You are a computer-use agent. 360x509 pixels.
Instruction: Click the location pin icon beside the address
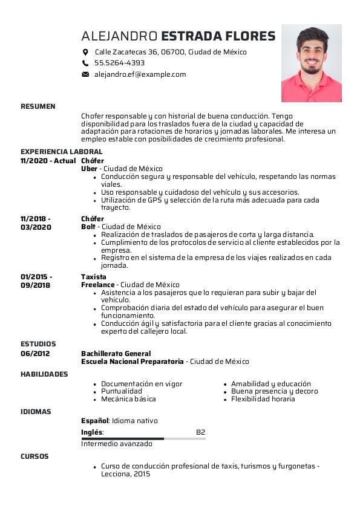pos(85,52)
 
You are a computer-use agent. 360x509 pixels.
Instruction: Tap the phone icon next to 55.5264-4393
pos(85,63)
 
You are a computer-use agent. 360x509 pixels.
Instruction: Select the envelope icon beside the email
pos(85,74)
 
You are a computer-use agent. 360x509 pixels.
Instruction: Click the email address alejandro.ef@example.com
pos(140,74)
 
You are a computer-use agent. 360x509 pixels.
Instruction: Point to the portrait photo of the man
pos(311,63)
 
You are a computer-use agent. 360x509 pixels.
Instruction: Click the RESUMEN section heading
pos(38,106)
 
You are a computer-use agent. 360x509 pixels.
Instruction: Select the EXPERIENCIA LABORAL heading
pos(61,152)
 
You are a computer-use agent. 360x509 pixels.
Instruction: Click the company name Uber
pos(89,169)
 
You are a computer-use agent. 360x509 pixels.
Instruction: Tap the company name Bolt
pos(88,227)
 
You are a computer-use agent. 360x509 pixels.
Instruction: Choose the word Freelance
pos(97,285)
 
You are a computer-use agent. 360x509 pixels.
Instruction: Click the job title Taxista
pos(93,277)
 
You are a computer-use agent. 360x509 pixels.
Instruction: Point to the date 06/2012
pos(35,354)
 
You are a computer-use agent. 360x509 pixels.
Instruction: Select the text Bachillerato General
pos(116,354)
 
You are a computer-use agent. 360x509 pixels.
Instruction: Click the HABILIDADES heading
pos(44,374)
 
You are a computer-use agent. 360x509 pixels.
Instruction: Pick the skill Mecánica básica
pos(128,399)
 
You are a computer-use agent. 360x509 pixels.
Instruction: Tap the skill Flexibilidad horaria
pos(263,399)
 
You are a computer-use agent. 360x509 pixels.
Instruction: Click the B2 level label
pos(201,432)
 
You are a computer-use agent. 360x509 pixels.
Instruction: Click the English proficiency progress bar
pos(143,438)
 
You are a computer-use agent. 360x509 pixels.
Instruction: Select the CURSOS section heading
pos(34,456)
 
